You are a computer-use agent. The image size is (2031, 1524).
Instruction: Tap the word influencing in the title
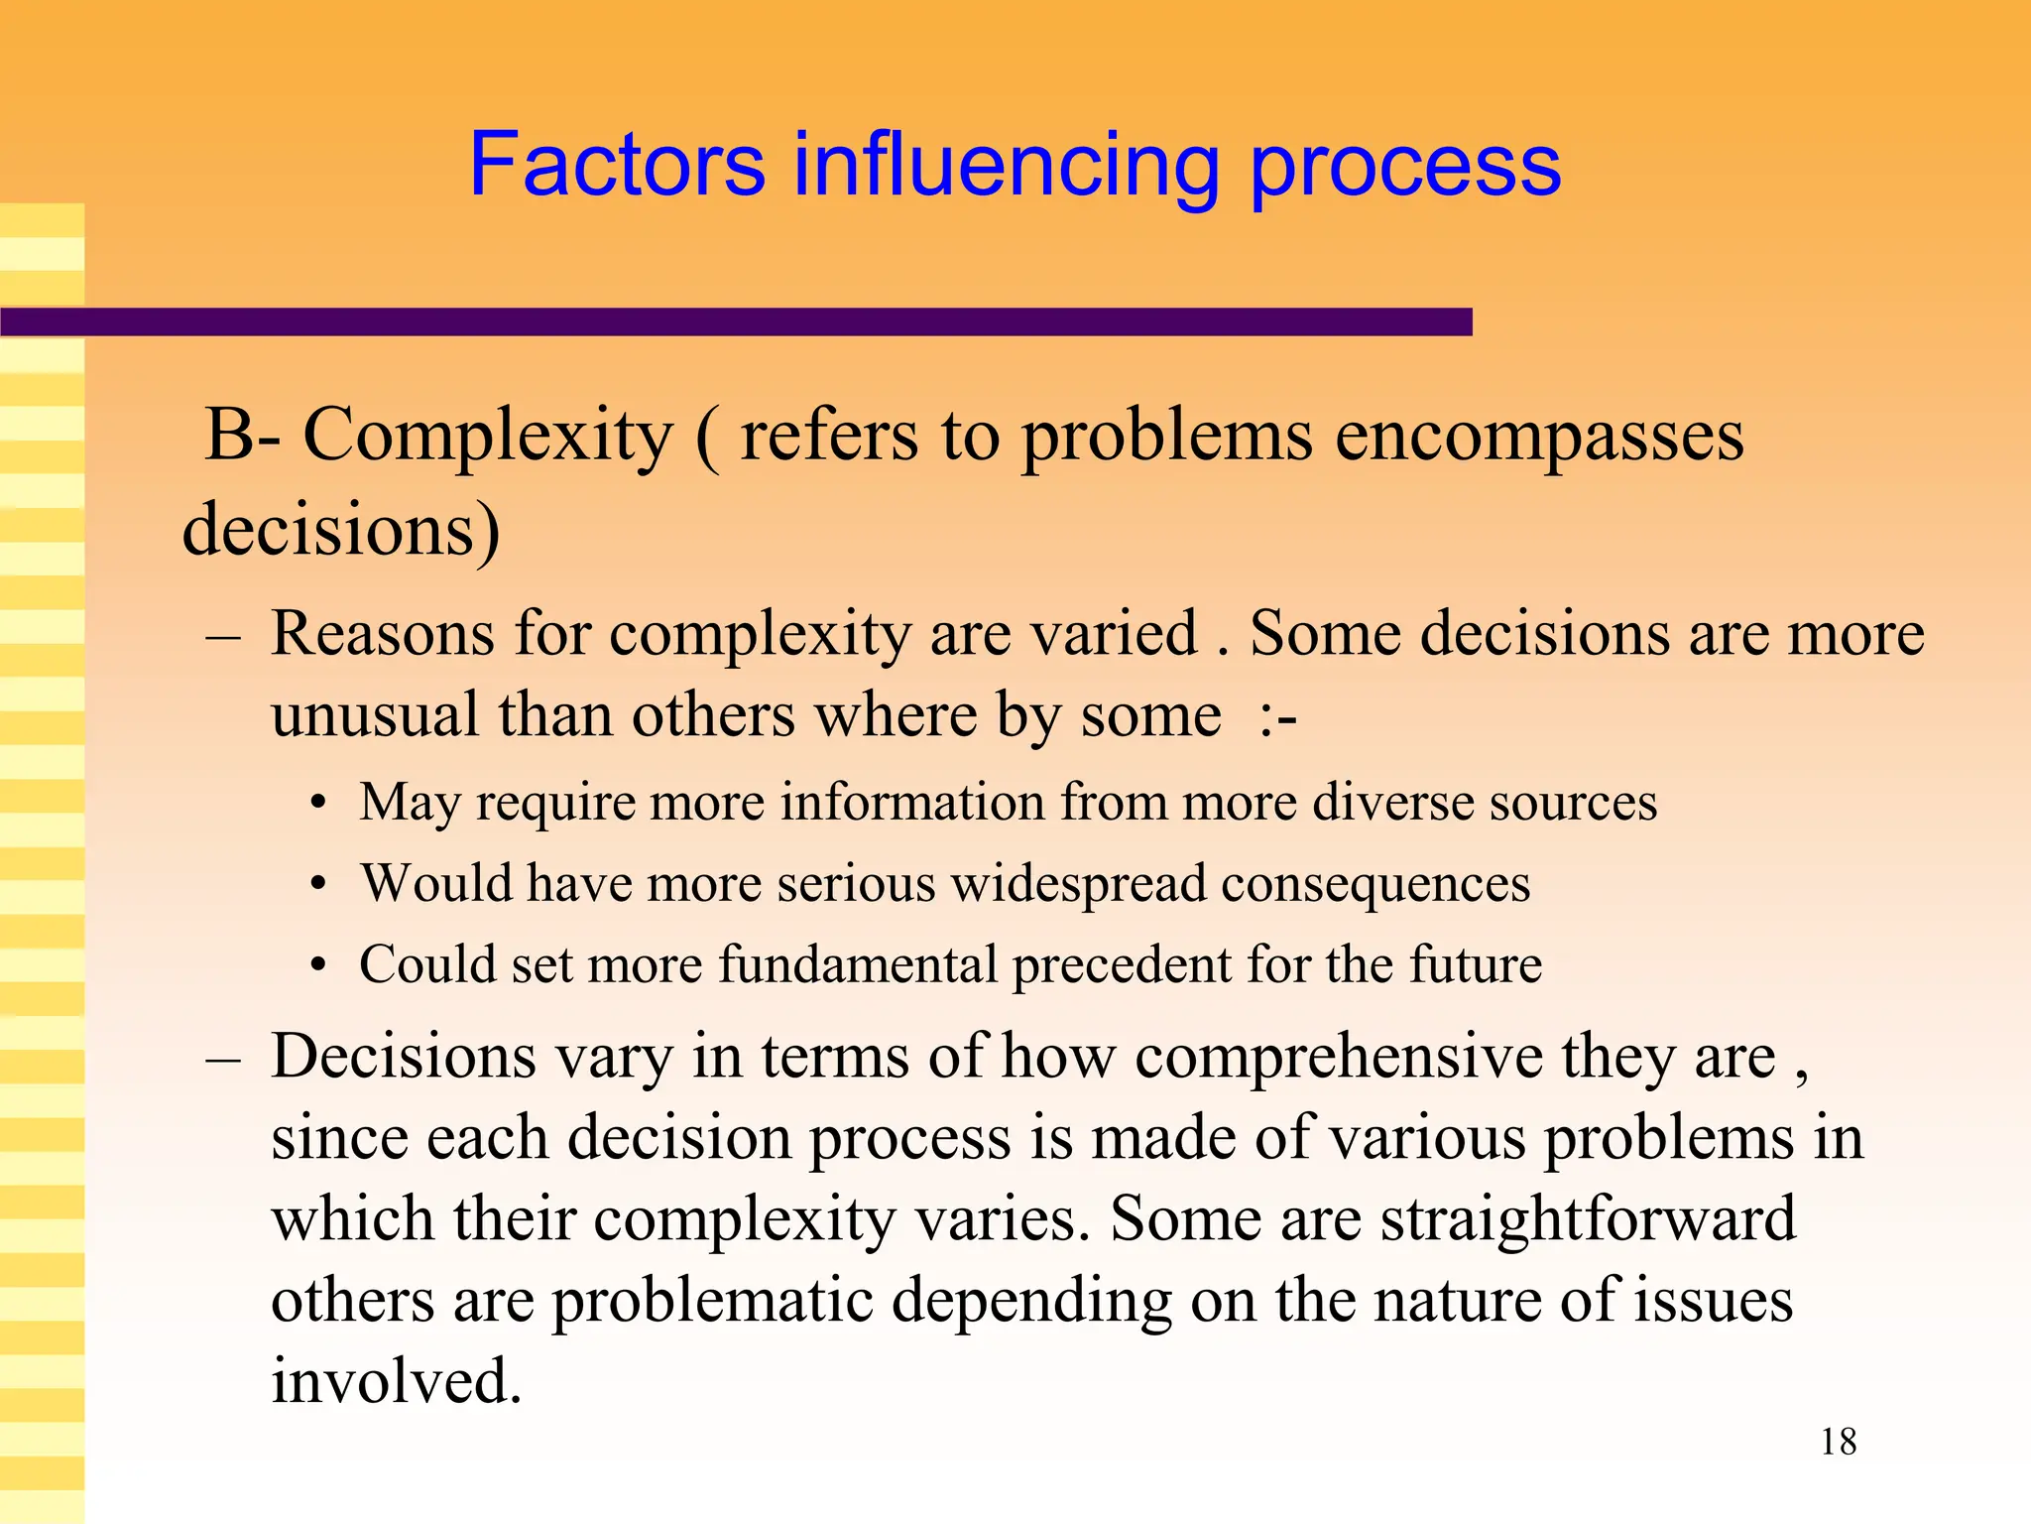point(1006,166)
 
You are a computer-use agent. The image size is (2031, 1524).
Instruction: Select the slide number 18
point(1838,1442)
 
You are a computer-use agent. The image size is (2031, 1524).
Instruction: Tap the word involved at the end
point(396,1381)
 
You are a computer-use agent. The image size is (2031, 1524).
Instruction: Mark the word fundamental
point(858,964)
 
